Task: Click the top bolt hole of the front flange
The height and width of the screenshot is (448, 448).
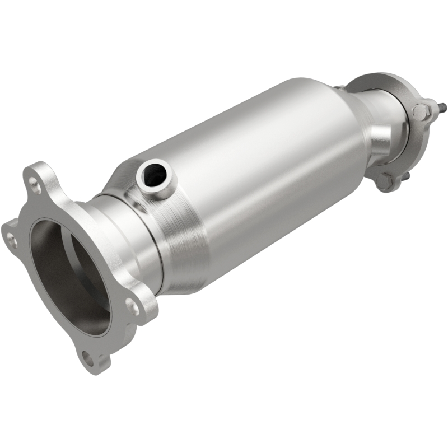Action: pos(35,182)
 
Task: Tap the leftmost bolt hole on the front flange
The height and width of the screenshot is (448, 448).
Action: pos(10,240)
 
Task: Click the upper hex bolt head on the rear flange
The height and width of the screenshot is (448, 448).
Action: pos(421,110)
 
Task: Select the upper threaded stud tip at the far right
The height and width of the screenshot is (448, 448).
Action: pos(442,104)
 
